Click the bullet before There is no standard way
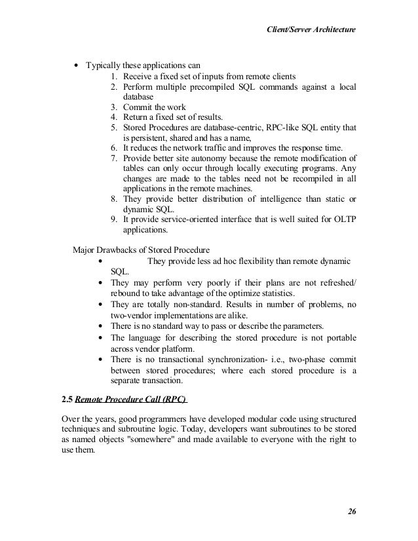tap(99, 327)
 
